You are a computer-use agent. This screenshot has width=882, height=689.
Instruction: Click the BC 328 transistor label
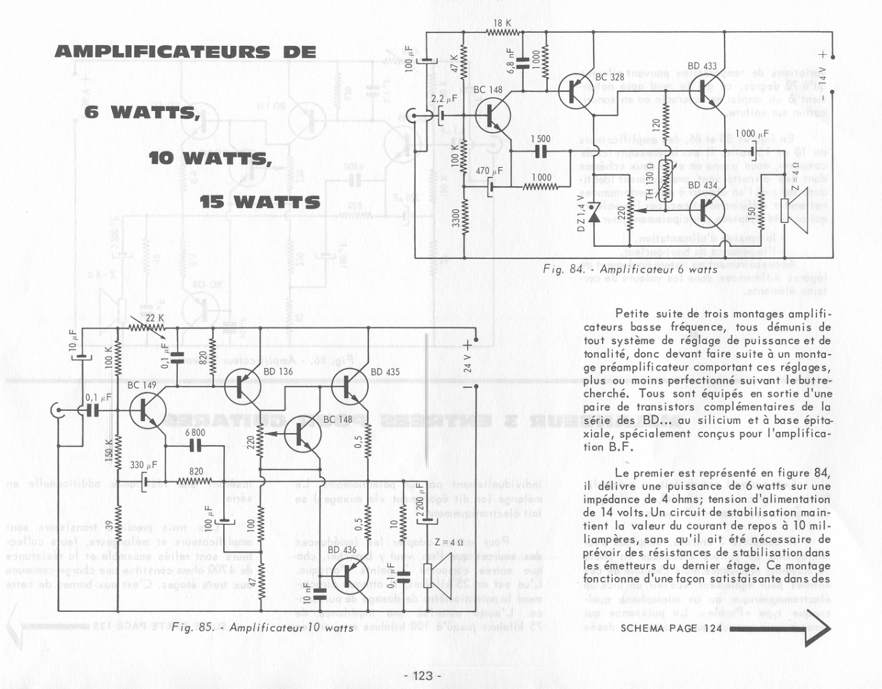pyautogui.click(x=609, y=77)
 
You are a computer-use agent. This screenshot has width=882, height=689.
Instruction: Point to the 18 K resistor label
pyautogui.click(x=502, y=23)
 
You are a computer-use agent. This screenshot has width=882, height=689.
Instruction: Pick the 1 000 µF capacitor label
pyautogui.click(x=753, y=134)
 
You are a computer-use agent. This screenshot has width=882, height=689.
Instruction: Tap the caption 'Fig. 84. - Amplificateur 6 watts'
pyautogui.click(x=629, y=269)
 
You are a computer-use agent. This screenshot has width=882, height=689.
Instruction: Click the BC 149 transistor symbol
pyautogui.click(x=147, y=410)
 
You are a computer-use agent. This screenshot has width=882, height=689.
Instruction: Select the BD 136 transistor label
pyautogui.click(x=278, y=371)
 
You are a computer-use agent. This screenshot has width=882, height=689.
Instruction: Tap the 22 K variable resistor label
pyautogui.click(x=155, y=318)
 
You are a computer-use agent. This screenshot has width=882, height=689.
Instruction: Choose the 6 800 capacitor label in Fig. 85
pyautogui.click(x=195, y=432)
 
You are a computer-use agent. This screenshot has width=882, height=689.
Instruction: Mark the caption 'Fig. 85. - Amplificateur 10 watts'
pyautogui.click(x=262, y=627)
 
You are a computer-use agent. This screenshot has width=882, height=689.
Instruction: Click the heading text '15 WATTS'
pyautogui.click(x=260, y=202)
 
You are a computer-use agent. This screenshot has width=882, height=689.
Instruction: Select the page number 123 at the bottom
pyautogui.click(x=422, y=676)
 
